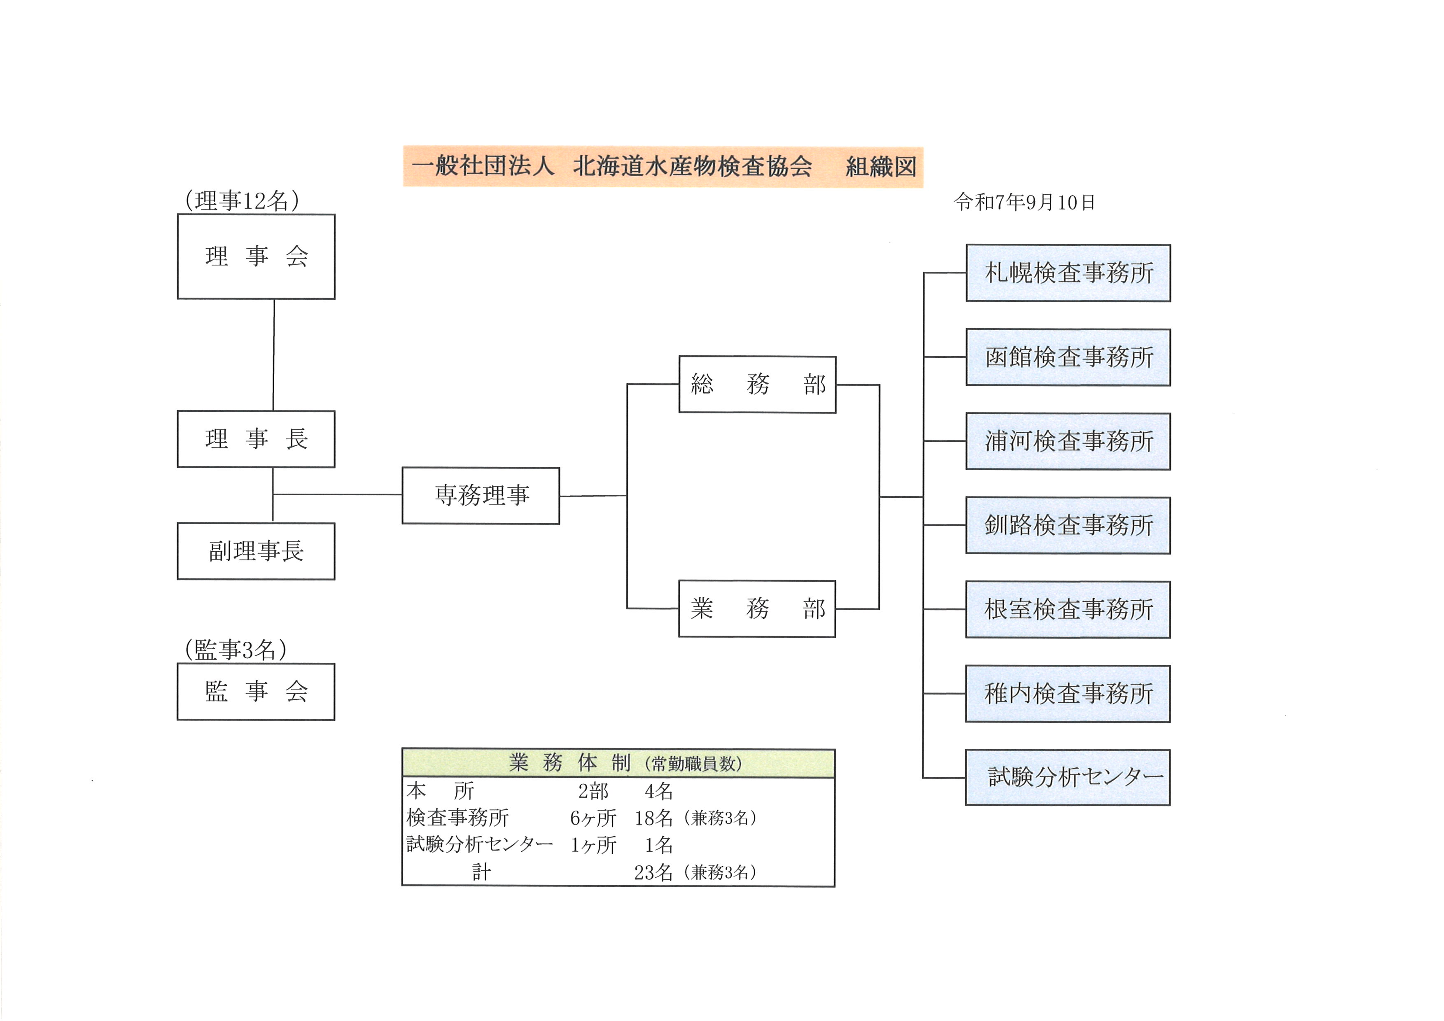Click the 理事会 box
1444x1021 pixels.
point(256,256)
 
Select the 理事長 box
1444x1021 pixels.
point(256,439)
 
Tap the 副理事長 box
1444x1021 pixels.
point(256,551)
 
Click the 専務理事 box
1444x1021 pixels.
point(481,495)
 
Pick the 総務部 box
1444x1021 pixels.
point(757,384)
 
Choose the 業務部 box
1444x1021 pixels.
point(757,608)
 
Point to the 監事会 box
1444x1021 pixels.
point(256,692)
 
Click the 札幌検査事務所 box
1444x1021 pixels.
point(1068,273)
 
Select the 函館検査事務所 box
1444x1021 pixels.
point(1068,357)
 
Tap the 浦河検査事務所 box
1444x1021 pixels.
point(1068,441)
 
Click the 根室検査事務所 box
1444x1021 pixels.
point(1068,610)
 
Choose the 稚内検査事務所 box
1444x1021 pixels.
point(1068,693)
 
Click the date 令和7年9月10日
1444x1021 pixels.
point(1024,203)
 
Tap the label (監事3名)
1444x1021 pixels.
point(236,649)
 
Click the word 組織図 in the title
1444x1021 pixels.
point(880,167)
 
